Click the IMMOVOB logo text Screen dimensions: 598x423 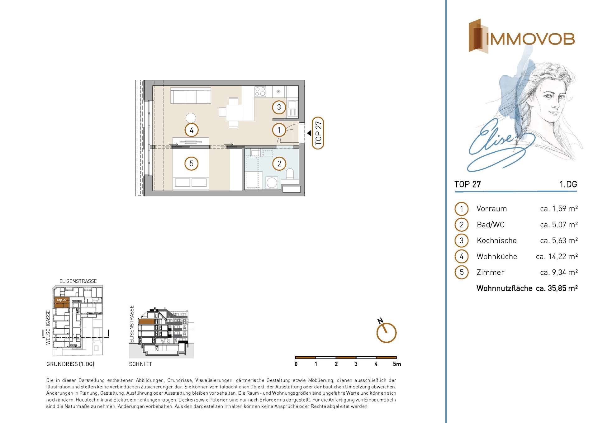(x=530, y=39)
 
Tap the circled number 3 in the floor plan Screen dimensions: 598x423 (x=279, y=107)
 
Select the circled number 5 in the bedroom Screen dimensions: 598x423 (x=191, y=163)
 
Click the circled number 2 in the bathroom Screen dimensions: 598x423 (x=279, y=164)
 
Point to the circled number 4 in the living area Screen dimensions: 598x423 (x=191, y=130)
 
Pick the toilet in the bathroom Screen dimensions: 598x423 (x=290, y=174)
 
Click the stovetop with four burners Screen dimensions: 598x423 (x=260, y=92)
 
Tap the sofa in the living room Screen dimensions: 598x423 (x=190, y=95)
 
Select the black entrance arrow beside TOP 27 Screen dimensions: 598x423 (x=309, y=133)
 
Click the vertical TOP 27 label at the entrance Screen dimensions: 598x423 (x=318, y=133)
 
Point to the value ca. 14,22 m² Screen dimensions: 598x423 (x=557, y=256)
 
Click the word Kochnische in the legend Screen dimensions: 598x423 (x=496, y=240)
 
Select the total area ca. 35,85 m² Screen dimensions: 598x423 (x=557, y=288)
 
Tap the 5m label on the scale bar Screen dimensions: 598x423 (x=397, y=364)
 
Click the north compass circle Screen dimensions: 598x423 (x=387, y=333)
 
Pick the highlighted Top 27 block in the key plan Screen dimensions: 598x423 (x=61, y=302)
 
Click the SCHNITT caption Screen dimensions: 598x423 (x=140, y=364)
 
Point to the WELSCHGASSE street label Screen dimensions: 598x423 (x=48, y=327)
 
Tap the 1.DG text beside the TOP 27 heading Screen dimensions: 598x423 (x=568, y=184)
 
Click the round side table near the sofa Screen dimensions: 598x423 (x=191, y=118)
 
